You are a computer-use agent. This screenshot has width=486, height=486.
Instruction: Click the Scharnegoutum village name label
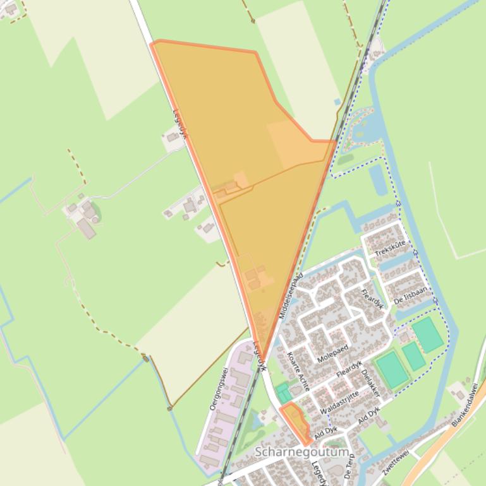(x=302, y=453)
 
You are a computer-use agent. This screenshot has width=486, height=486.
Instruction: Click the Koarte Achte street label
(x=296, y=371)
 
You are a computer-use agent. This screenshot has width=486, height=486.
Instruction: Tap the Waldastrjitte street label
(x=339, y=403)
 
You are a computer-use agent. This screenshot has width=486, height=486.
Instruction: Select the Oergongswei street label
(x=218, y=388)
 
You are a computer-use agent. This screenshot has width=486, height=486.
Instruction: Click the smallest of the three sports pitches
(x=414, y=355)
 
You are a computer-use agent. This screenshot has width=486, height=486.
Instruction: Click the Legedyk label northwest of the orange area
(x=180, y=121)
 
